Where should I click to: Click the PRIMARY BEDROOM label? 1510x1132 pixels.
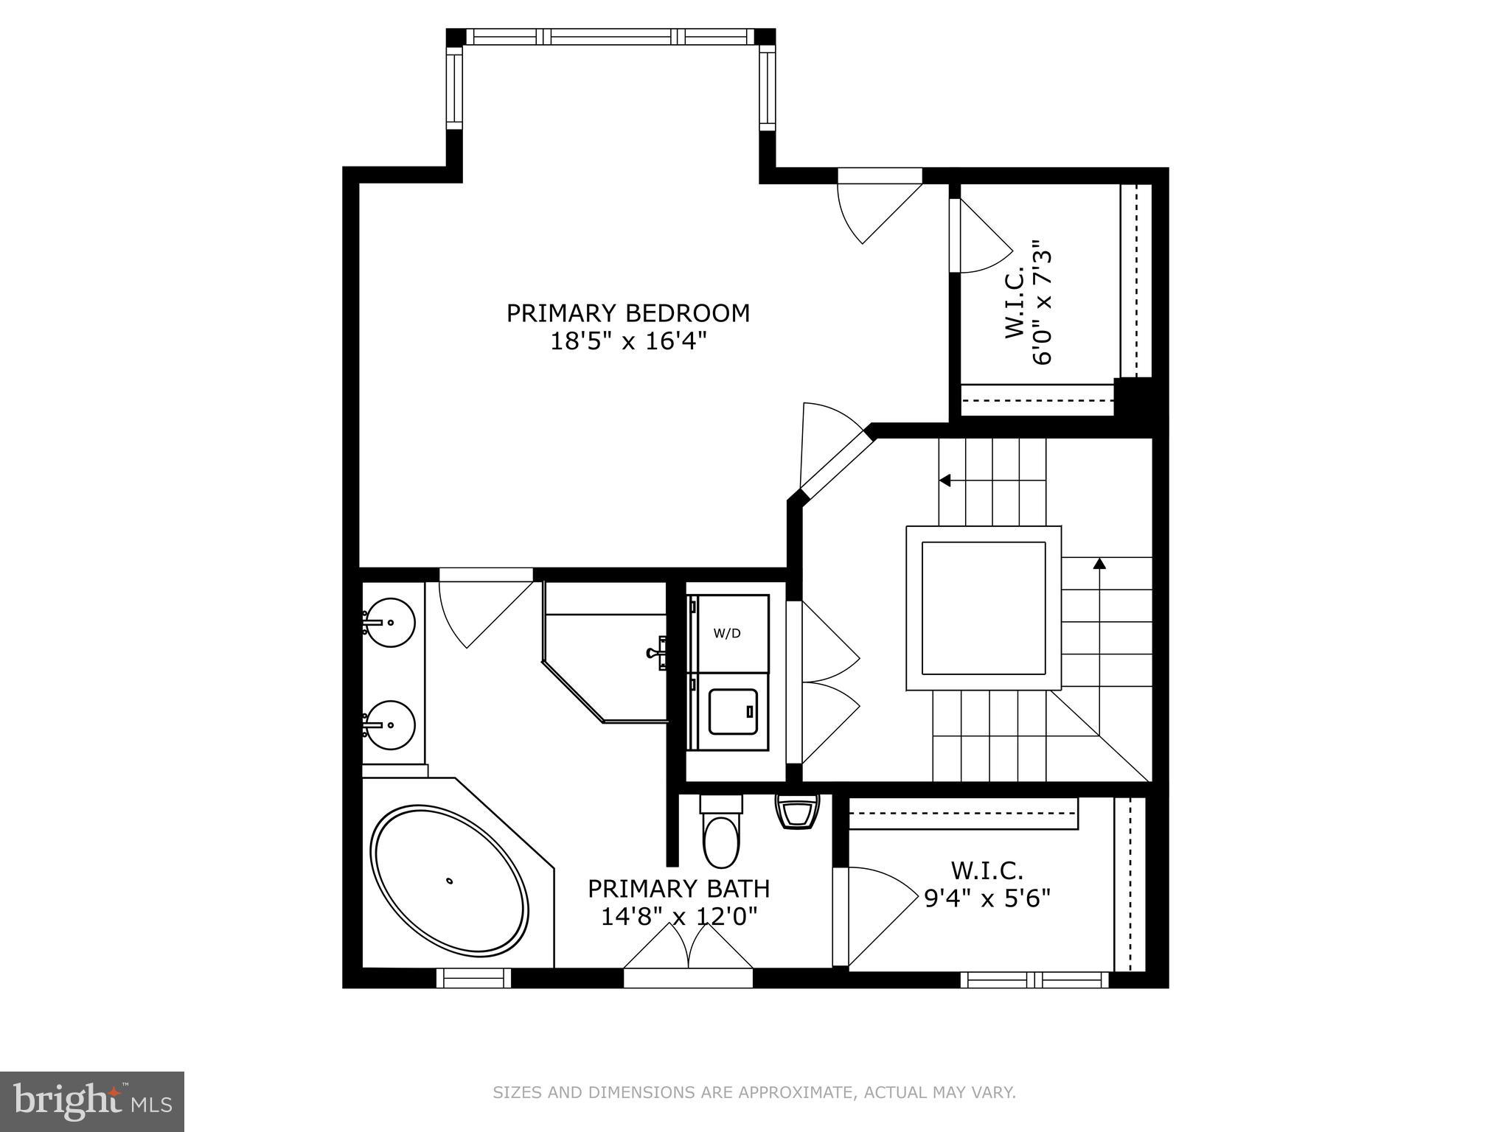(x=627, y=313)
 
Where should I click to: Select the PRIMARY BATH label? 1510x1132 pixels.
(x=678, y=889)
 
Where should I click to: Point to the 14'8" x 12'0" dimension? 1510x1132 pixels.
(x=678, y=917)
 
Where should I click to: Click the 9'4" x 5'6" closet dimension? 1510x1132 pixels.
(x=987, y=898)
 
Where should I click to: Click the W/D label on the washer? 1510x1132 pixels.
(x=726, y=633)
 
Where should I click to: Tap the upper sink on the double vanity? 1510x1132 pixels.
(x=390, y=623)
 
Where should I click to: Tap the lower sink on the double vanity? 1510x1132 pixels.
(x=390, y=725)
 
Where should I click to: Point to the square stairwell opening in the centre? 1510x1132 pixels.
(x=983, y=608)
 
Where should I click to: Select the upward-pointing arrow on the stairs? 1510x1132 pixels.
(x=1099, y=565)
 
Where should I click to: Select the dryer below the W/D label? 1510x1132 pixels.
(x=732, y=711)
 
